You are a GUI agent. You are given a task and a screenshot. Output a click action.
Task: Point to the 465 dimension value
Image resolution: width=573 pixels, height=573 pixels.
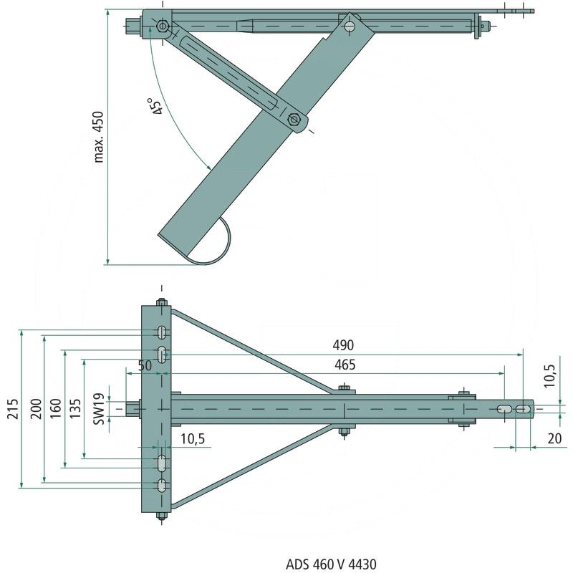344,365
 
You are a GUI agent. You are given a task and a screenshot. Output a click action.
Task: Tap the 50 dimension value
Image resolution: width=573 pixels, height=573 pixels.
145,365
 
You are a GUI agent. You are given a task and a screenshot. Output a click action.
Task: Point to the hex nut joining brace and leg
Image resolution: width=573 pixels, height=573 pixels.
294,119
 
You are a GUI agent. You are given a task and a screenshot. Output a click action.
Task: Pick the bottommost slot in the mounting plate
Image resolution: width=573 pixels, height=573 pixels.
163,484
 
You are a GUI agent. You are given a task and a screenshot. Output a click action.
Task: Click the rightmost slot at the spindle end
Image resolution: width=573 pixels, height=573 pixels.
525,409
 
